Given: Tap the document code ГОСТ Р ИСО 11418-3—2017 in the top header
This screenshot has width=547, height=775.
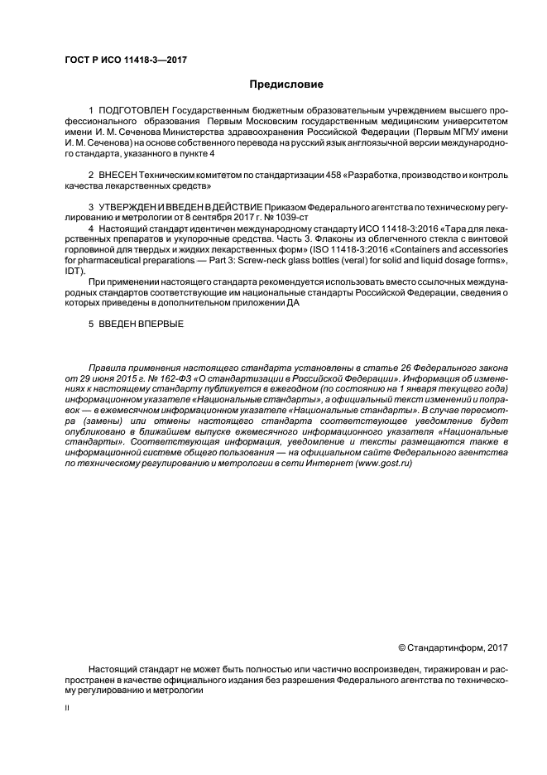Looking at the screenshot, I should point(115,59).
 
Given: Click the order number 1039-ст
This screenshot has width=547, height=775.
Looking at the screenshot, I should point(285,215).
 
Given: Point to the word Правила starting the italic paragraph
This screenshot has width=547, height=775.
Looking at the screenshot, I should point(107,366).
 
